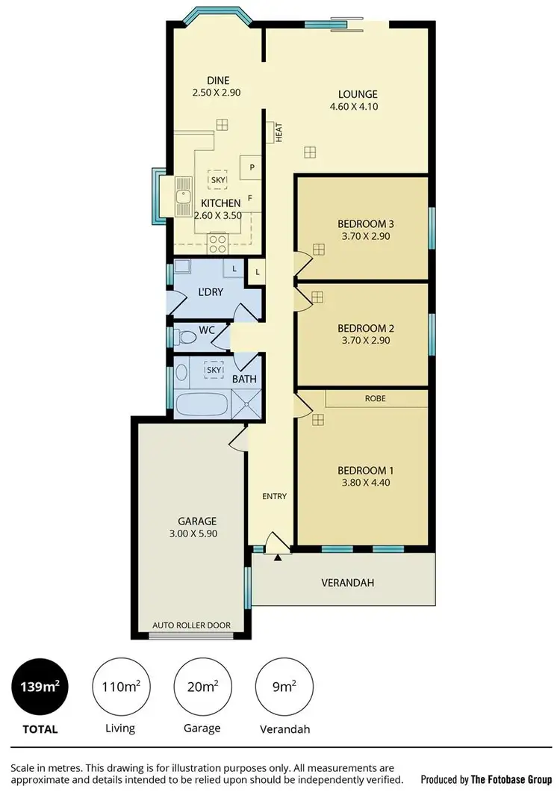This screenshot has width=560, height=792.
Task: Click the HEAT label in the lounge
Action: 279,133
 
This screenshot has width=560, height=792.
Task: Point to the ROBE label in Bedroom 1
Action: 375,399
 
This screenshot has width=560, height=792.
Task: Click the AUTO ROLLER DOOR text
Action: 191,625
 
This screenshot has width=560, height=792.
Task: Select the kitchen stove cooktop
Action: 217,242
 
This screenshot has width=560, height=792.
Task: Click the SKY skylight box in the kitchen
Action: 218,180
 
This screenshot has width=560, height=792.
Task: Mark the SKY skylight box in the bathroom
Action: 214,369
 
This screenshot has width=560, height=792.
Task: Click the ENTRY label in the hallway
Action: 274,496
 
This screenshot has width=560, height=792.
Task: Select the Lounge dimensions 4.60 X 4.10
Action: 358,107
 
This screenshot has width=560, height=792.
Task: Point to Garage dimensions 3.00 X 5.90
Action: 196,534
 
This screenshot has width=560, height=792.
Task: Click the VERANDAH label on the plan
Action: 347,583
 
